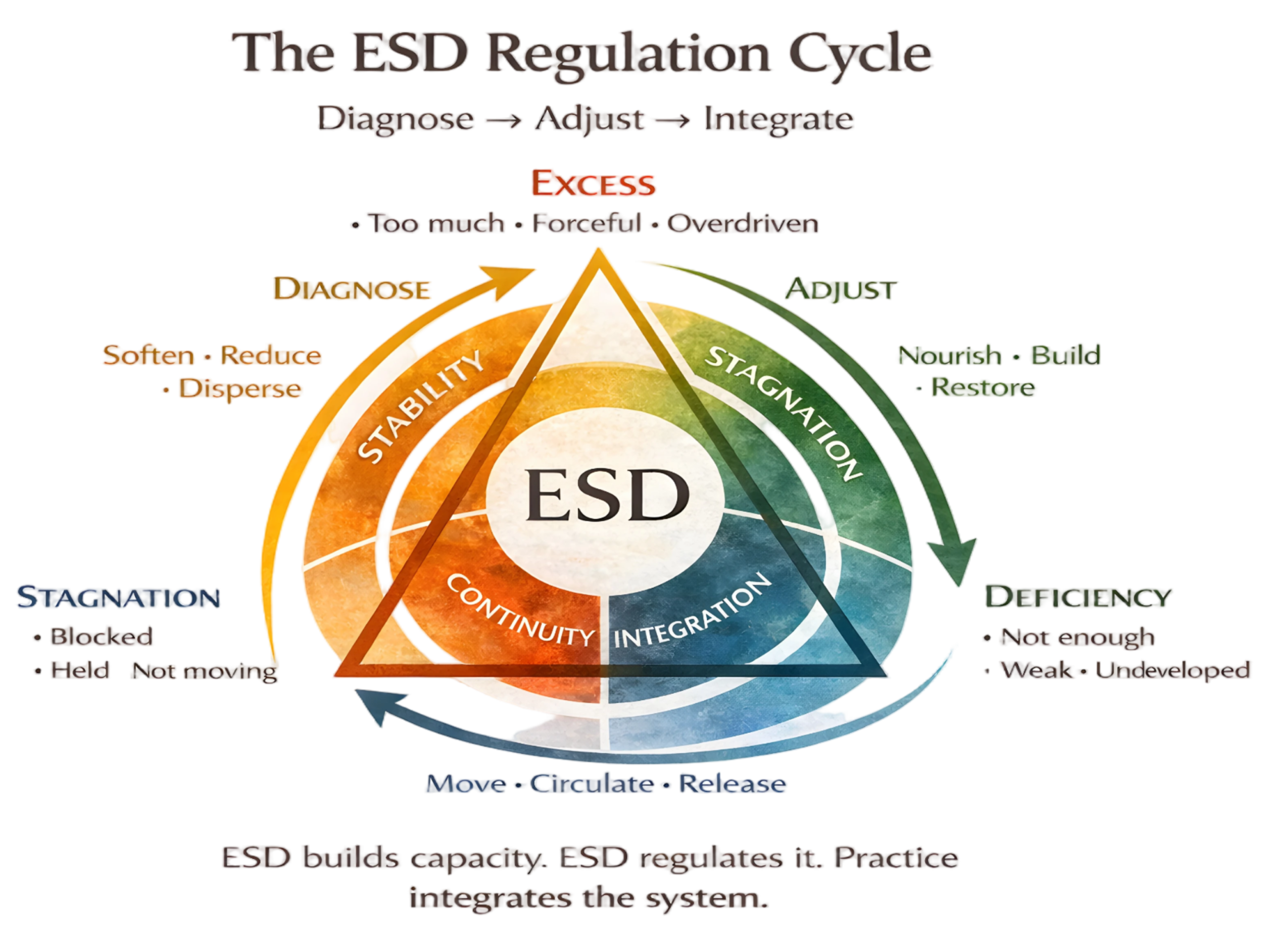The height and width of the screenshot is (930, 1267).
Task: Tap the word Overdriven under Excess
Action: (x=743, y=224)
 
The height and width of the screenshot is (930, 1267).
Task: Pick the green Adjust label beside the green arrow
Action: (x=841, y=290)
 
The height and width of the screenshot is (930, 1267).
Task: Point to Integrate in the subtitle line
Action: (x=779, y=119)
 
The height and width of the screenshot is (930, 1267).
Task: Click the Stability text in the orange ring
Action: (x=419, y=405)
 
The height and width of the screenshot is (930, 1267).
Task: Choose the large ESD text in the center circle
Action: (x=607, y=495)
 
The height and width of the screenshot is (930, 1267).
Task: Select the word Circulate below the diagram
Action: (x=592, y=784)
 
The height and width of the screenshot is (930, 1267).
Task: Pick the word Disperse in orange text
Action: (x=241, y=389)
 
